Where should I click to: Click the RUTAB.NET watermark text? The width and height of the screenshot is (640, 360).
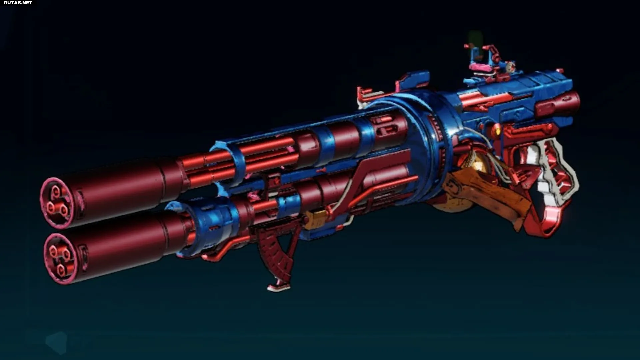18,3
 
